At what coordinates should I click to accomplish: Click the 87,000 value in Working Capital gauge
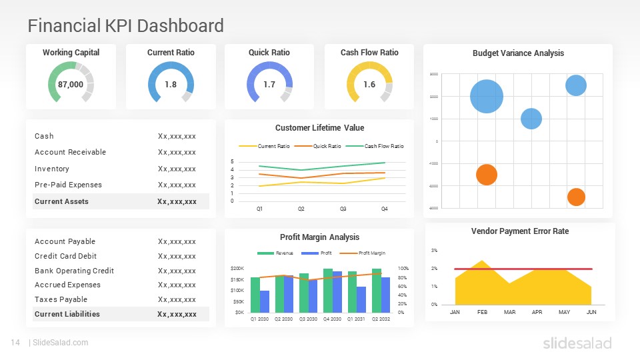(x=71, y=85)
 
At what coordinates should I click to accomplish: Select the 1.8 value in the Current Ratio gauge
(x=171, y=85)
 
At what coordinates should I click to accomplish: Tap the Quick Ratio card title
(x=269, y=53)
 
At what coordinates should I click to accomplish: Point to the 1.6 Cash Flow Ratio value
(x=369, y=85)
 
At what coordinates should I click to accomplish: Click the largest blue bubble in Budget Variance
(x=487, y=97)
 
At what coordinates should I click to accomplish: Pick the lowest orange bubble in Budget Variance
(x=576, y=197)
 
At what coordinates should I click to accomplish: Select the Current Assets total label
(x=61, y=201)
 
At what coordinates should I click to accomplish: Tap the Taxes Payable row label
(x=61, y=299)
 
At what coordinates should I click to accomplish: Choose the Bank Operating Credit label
(x=74, y=271)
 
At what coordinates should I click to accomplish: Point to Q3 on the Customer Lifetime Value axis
(x=343, y=209)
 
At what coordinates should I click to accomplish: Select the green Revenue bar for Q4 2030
(x=328, y=290)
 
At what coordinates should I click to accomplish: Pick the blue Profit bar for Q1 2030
(x=265, y=301)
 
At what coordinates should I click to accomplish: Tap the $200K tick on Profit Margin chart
(x=237, y=268)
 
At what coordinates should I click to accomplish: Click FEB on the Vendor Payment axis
(x=483, y=312)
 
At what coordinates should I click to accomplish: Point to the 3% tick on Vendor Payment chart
(x=434, y=251)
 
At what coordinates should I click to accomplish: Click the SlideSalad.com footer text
(x=61, y=343)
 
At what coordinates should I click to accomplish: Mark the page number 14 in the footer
(x=15, y=343)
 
